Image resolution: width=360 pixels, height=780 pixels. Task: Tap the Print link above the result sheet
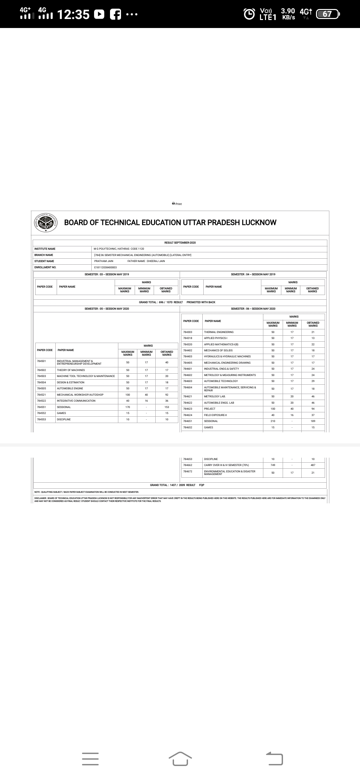pyautogui.click(x=177, y=204)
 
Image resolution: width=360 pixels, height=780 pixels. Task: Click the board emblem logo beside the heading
pyautogui.click(x=46, y=222)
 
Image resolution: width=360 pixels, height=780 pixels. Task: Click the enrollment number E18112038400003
pyautogui.click(x=105, y=267)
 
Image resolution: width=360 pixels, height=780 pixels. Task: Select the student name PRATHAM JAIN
pyautogui.click(x=104, y=261)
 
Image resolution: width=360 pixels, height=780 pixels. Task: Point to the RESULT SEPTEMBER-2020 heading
pyautogui.click(x=180, y=243)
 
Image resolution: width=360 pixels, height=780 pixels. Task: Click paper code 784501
pyautogui.click(x=41, y=361)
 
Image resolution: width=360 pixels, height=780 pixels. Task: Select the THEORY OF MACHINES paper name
pyautogui.click(x=71, y=370)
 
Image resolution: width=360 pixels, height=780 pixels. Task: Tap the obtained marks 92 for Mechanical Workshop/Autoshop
pyautogui.click(x=167, y=395)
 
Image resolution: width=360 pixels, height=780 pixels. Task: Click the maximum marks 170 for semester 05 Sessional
pyautogui.click(x=128, y=407)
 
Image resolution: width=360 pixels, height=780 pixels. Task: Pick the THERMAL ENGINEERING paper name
pyautogui.click(x=219, y=332)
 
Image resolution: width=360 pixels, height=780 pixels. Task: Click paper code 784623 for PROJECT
pyautogui.click(x=188, y=409)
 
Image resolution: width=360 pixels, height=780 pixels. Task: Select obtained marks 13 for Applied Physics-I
pyautogui.click(x=313, y=338)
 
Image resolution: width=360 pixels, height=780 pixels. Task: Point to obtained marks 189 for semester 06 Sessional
pyautogui.click(x=313, y=421)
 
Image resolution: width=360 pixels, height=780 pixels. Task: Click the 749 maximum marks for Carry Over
pyautogui.click(x=273, y=465)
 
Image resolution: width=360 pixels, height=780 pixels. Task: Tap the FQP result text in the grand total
pyautogui.click(x=202, y=485)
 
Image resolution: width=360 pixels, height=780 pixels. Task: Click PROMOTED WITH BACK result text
pyautogui.click(x=201, y=302)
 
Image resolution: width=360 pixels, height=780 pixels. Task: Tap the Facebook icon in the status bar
pyautogui.click(x=115, y=14)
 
